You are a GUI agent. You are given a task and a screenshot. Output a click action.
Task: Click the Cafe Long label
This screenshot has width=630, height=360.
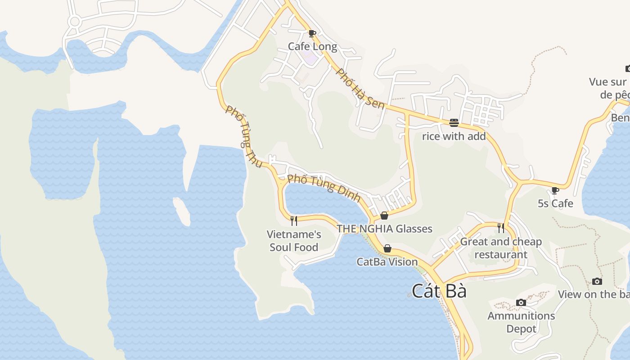tap(312, 46)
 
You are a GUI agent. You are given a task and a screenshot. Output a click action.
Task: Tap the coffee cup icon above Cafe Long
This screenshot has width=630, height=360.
tap(312, 33)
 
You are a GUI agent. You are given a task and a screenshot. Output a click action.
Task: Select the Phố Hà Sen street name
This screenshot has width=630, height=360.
tap(360, 89)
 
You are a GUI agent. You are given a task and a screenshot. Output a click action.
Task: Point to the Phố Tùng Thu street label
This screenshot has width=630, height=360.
tap(243, 137)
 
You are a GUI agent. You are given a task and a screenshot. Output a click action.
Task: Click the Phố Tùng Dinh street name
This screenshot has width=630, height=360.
tap(324, 187)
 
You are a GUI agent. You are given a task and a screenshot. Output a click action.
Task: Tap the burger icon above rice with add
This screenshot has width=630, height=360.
tap(454, 122)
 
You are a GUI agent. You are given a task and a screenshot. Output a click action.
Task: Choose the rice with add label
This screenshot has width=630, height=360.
tap(454, 136)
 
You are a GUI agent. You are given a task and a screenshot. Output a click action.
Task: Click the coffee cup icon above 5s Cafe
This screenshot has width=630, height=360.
tap(555, 190)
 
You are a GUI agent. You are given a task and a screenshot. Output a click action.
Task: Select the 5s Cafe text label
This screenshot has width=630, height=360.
tap(555, 203)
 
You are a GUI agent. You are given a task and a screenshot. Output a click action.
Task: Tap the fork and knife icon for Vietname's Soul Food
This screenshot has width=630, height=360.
tap(294, 220)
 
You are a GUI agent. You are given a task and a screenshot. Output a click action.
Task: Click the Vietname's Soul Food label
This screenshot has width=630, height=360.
tap(294, 241)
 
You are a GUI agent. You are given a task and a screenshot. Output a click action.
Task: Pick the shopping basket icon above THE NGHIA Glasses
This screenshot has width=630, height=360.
tap(384, 216)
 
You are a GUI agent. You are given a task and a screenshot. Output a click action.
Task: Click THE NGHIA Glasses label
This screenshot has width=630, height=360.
tap(384, 229)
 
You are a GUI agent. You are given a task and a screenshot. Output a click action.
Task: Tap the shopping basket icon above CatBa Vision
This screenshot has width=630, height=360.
tap(387, 248)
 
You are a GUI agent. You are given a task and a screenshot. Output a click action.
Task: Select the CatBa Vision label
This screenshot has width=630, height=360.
tap(387, 261)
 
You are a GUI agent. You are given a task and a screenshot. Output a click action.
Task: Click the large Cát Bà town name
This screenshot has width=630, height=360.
tap(439, 291)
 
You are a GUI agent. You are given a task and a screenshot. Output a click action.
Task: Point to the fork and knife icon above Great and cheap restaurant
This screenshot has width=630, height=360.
tap(501, 228)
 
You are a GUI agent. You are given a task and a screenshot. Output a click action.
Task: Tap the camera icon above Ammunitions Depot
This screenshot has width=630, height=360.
tap(521, 302)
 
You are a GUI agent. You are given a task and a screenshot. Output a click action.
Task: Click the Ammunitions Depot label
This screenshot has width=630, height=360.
tap(521, 322)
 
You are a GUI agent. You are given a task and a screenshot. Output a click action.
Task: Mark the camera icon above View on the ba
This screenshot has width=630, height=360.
tap(597, 281)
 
